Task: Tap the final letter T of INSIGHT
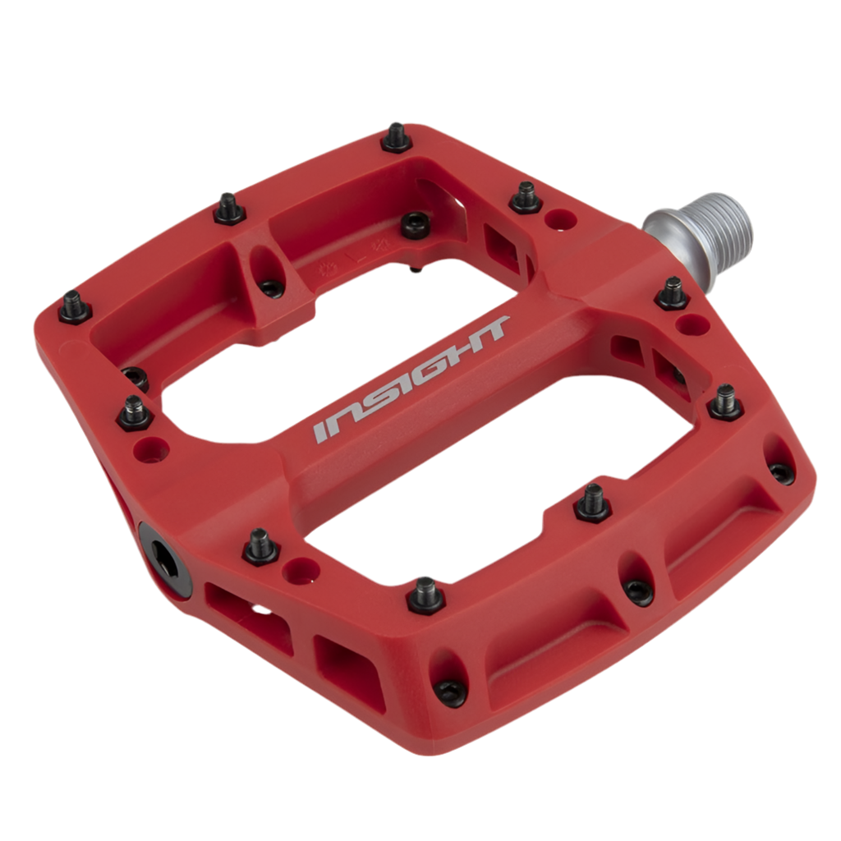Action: coord(489,328)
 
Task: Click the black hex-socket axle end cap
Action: coord(164,558)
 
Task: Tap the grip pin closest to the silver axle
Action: coord(673,293)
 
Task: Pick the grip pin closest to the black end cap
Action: coord(262,546)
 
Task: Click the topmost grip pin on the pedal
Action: coord(397,137)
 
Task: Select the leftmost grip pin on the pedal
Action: coord(75,307)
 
